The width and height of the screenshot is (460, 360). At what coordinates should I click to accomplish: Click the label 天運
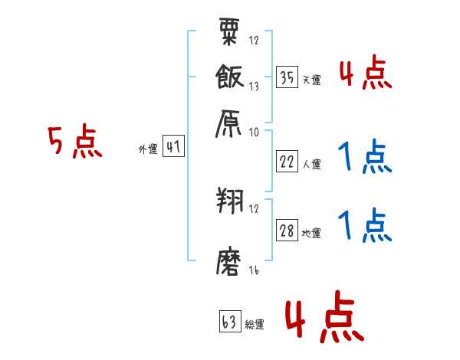312,79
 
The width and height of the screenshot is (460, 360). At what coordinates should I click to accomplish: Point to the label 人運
312,164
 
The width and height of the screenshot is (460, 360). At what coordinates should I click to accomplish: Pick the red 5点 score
75,142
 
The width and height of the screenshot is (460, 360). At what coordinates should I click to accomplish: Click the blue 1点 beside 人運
365,158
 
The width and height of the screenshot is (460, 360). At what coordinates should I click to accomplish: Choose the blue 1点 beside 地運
365,225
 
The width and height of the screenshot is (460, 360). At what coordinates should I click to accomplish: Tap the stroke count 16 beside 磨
254,271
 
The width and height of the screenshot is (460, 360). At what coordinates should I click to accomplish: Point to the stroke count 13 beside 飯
254,87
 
